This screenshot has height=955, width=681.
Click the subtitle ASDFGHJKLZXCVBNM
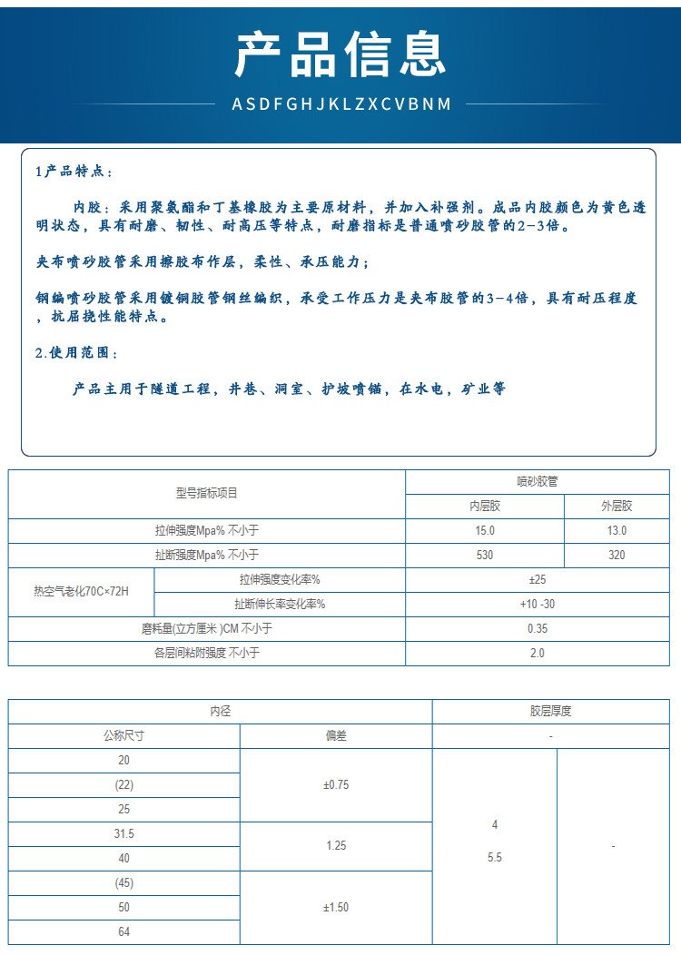pos(340,103)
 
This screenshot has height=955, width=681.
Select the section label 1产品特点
pos(74,172)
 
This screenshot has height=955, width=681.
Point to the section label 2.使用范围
pos(76,353)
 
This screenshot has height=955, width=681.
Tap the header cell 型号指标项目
pos(207,493)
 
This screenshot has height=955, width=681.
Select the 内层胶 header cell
pos(485,506)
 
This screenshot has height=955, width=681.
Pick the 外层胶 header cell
pos(617,506)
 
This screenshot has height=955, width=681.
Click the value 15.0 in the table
pos(485,530)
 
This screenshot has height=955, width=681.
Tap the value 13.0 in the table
pos(617,530)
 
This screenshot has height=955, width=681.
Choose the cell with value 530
pos(485,555)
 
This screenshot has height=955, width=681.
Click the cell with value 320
pos(617,555)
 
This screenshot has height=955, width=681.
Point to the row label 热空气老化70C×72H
pos(82,591)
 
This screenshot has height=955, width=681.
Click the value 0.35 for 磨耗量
pos(538,628)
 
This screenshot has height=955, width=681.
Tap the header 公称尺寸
pos(124,735)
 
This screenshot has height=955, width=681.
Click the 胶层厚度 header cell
pos(551,711)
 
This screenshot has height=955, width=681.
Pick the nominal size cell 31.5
pos(124,833)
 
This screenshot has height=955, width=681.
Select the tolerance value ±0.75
pos(336,784)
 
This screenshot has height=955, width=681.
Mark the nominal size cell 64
pos(124,931)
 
